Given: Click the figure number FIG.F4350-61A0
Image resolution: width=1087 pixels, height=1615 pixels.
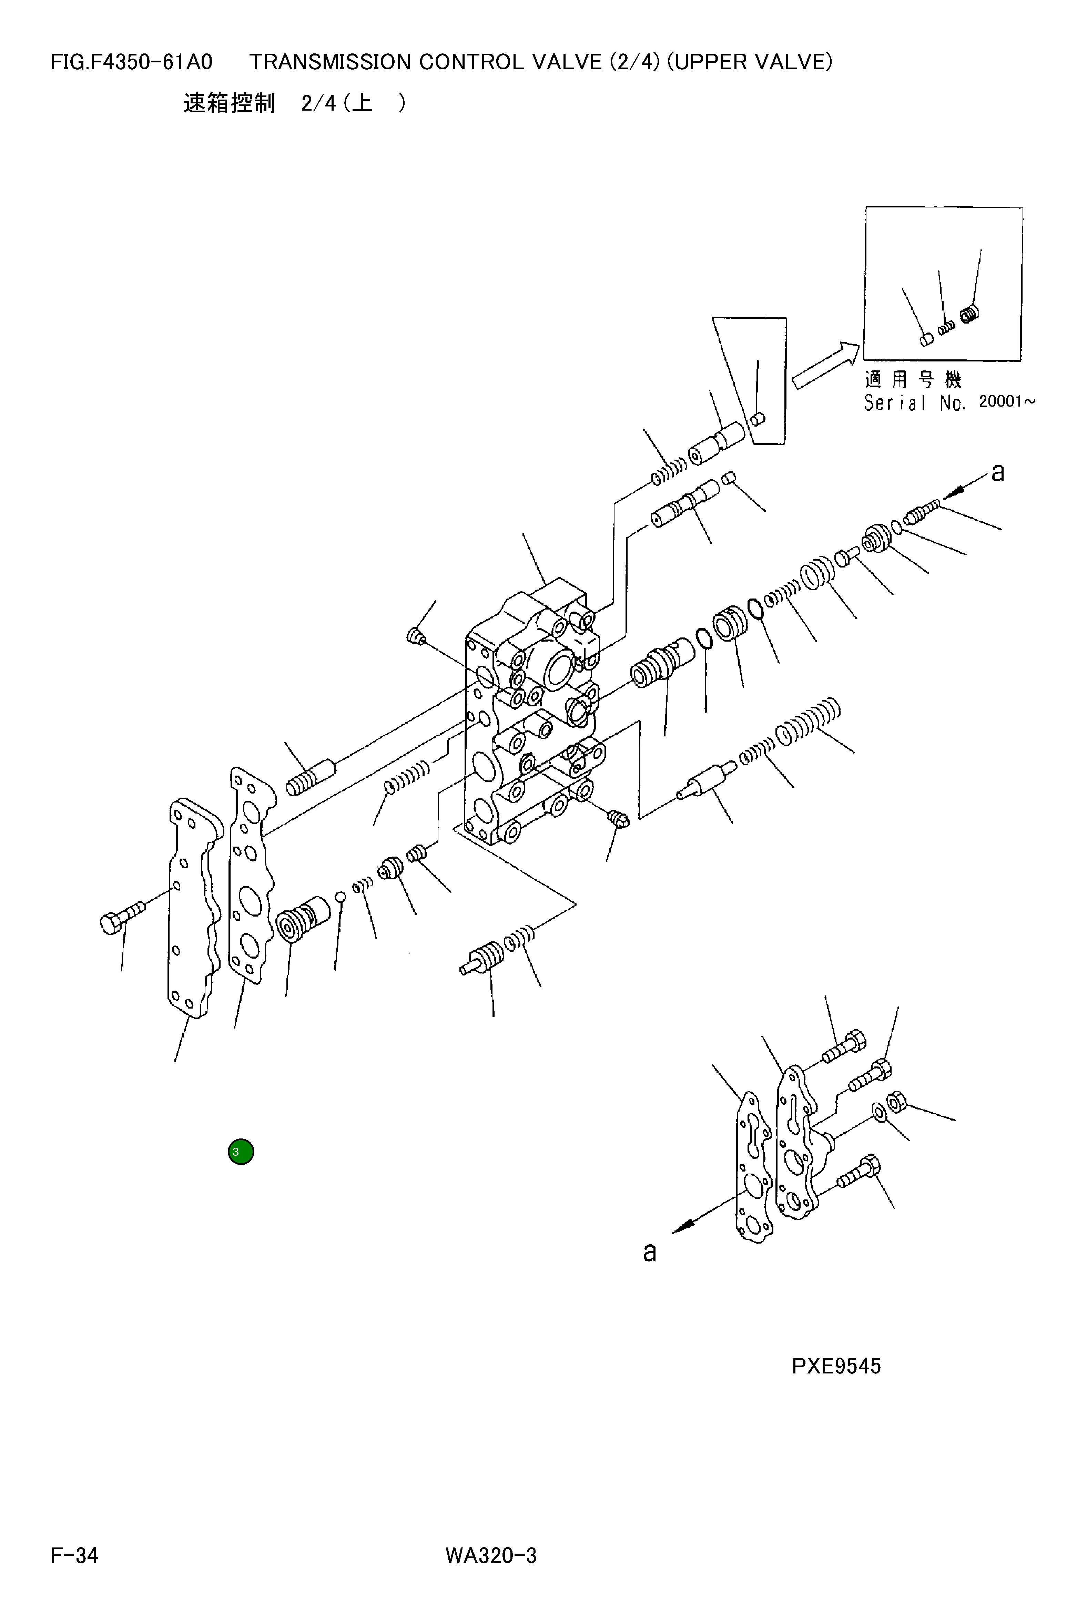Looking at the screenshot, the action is [132, 62].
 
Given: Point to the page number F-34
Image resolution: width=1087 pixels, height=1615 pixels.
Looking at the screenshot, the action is [74, 1555].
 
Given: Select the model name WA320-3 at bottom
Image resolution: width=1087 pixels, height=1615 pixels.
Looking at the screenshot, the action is [491, 1555].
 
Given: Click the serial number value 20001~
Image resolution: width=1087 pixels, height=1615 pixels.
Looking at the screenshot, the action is [1007, 401].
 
